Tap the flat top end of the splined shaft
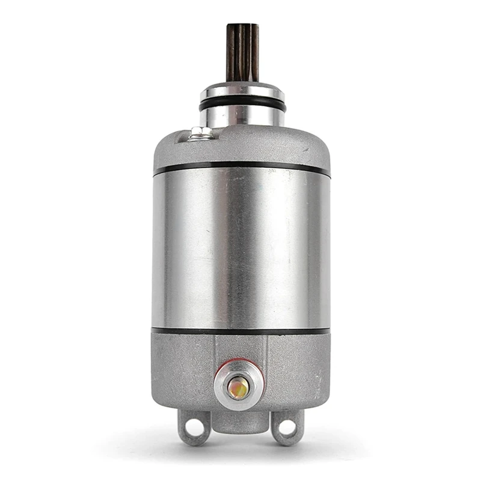point(242,26)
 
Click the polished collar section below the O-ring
point(242,117)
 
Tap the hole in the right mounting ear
point(287,427)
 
